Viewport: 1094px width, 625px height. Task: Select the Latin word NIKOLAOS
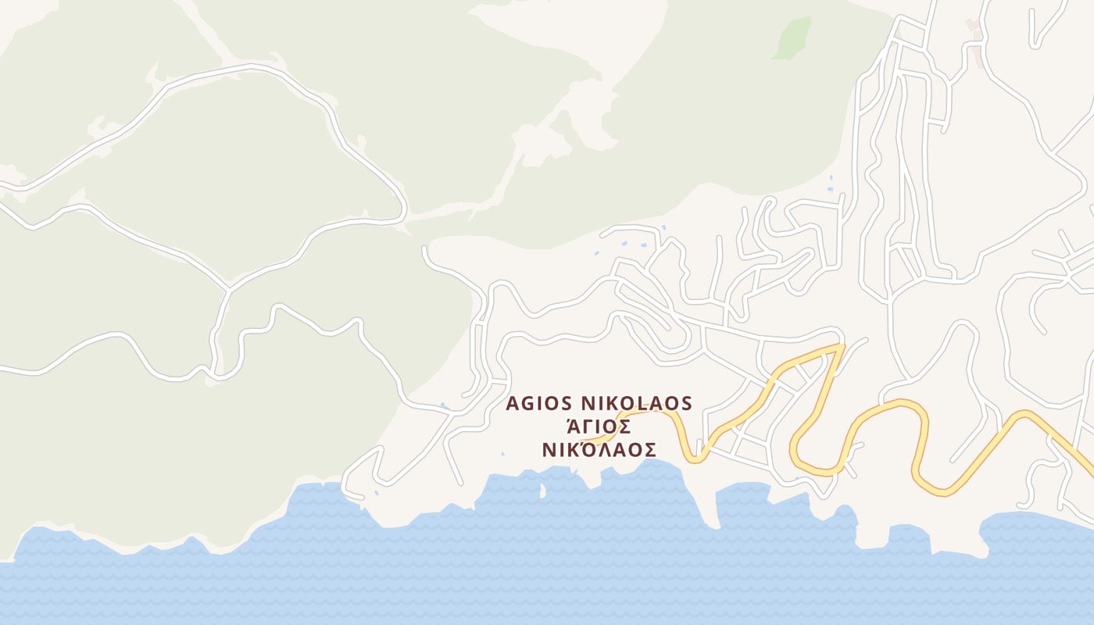tap(636, 403)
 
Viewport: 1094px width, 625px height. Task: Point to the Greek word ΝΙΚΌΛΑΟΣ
tap(599, 450)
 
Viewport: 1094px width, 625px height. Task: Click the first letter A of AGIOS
tap(513, 403)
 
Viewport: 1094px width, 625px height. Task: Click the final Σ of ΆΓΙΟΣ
tap(624, 427)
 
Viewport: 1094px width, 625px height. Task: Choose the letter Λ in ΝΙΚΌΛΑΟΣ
tap(602, 450)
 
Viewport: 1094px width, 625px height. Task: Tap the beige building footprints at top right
tap(974, 25)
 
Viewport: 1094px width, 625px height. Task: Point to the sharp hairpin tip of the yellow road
tap(842, 346)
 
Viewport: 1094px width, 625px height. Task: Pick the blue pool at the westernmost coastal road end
tap(376, 493)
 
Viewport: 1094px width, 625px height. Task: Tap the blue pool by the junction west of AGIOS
tap(444, 405)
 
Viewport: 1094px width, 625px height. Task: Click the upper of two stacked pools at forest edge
tap(831, 179)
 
